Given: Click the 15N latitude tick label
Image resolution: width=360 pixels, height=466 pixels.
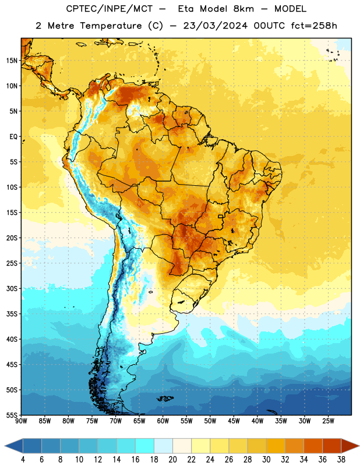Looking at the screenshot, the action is click(12, 61).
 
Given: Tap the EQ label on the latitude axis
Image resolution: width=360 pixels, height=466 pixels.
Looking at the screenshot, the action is click(13, 137).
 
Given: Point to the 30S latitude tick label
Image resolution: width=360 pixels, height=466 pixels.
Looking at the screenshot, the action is click(12, 288).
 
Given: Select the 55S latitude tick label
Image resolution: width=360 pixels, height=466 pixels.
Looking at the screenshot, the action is click(12, 415).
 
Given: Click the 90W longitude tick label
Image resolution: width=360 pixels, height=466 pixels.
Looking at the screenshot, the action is click(21, 421).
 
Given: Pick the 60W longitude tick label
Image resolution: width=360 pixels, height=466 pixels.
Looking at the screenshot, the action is click(163, 421).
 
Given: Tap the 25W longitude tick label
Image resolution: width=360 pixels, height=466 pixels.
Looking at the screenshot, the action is click(328, 421).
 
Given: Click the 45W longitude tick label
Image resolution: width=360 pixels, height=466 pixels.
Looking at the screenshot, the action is click(234, 421).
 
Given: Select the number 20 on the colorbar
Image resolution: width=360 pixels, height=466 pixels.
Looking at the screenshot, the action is click(172, 460).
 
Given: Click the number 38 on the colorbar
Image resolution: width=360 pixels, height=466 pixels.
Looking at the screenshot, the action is click(341, 460).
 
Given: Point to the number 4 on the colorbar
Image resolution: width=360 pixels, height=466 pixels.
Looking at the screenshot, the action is click(23, 460).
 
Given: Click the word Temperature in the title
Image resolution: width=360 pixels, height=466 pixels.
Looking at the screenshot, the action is click(111, 26).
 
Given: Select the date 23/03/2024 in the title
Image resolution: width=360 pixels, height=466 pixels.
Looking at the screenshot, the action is click(215, 26).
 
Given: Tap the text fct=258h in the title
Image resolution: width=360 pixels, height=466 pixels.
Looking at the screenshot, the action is click(314, 26).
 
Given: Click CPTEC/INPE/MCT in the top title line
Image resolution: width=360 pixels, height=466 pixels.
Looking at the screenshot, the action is click(110, 9).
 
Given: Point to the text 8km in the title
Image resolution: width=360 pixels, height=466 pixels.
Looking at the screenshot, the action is click(243, 9).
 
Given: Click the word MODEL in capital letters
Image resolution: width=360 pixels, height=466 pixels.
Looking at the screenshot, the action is click(290, 9).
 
